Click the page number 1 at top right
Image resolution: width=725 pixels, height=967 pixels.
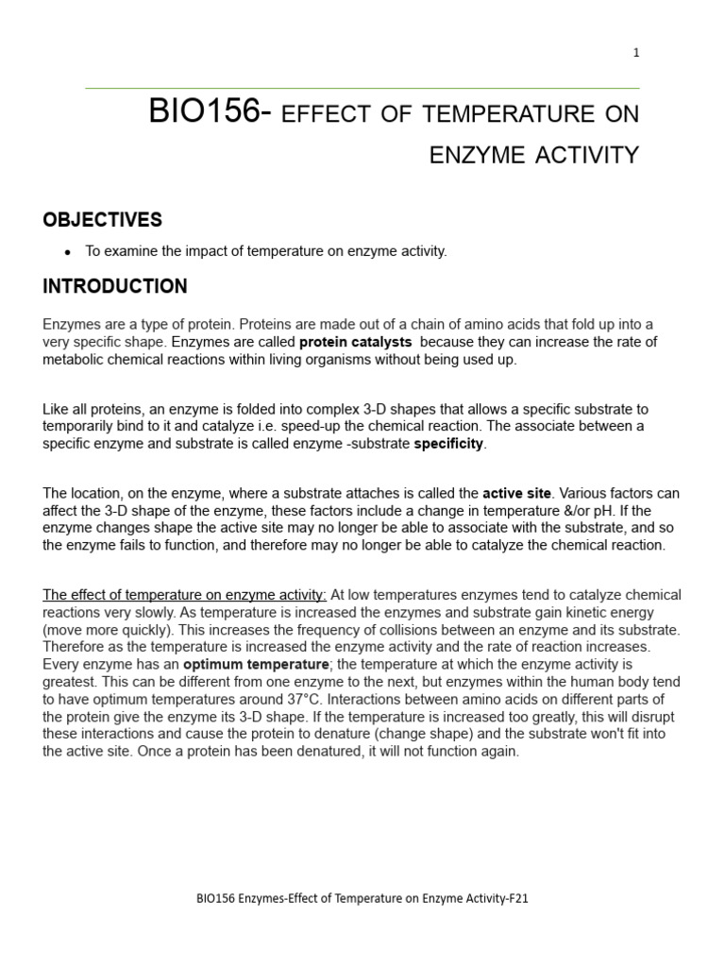point(636,53)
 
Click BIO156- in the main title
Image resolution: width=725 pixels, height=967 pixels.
point(211,112)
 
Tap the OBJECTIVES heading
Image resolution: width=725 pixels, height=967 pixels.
point(102,220)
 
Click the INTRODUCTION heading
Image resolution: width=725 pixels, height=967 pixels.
point(114,286)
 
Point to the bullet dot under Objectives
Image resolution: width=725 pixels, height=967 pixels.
point(67,252)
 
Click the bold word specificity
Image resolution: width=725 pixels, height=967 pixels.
point(448,444)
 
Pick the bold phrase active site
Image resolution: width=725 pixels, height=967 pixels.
point(516,493)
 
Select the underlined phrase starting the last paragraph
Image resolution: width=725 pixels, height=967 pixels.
point(184,595)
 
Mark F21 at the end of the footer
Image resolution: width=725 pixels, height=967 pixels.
point(517,899)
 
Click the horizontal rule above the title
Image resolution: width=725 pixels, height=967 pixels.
point(362,89)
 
